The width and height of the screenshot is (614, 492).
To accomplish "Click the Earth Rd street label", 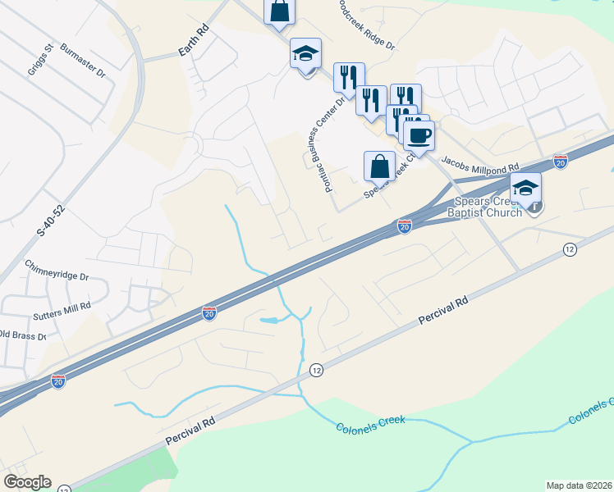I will coord(193,51).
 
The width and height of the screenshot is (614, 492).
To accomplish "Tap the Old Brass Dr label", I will coord(16,335).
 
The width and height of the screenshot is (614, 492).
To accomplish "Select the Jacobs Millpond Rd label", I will coord(481,165).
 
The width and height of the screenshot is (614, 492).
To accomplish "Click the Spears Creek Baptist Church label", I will coord(483,207).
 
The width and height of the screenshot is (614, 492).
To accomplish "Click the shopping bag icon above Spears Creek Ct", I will coord(379,166).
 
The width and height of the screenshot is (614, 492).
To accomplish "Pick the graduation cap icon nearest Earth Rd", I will coord(305,55).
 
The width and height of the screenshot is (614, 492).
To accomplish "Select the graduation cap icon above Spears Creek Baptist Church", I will coord(525,187).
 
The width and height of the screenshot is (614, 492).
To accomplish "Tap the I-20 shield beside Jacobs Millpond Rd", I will coord(561,162).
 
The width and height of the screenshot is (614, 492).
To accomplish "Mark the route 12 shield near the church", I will coord(570,248).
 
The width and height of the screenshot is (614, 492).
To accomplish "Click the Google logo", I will coord(27,482).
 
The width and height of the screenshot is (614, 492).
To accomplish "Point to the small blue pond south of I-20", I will coord(270,319).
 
